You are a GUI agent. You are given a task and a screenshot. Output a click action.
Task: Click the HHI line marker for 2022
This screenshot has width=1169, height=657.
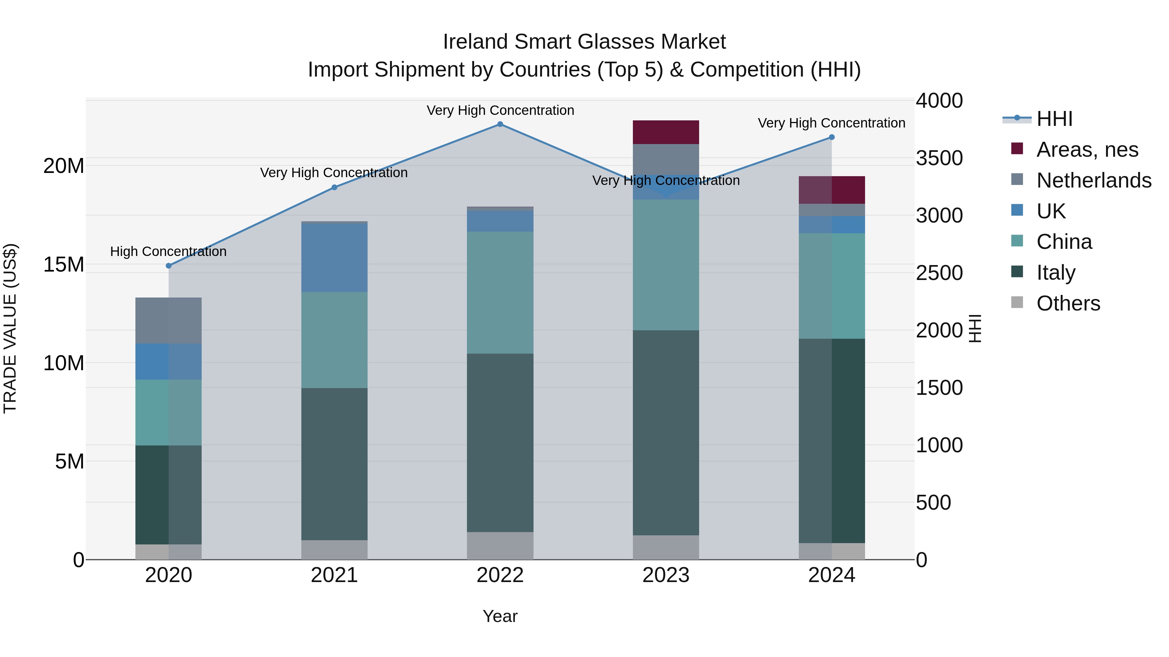click(500, 124)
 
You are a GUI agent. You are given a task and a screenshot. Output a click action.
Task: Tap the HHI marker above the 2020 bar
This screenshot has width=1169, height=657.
click(168, 266)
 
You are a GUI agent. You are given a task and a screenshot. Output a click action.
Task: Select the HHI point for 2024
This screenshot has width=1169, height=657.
click(831, 137)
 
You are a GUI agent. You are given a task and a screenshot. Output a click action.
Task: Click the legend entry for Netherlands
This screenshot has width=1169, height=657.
click(1094, 180)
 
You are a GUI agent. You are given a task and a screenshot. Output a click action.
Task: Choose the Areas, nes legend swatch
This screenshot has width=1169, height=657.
click(1017, 149)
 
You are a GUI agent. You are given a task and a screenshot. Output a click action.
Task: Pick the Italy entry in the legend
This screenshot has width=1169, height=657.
click(1056, 273)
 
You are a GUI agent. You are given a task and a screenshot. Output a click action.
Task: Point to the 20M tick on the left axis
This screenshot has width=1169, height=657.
click(64, 166)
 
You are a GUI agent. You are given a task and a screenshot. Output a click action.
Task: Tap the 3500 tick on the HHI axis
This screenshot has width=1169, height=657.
click(939, 158)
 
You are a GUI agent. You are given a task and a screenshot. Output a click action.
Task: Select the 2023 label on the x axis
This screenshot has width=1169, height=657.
click(666, 575)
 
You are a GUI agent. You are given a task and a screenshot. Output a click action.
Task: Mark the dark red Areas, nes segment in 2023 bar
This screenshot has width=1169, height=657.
click(666, 132)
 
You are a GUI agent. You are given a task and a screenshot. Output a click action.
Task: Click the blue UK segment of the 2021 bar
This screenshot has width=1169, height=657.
click(334, 258)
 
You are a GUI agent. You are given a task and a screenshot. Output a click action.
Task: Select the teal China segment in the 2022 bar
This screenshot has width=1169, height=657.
click(500, 292)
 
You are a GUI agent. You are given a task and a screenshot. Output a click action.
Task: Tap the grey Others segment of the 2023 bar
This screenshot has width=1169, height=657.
click(666, 547)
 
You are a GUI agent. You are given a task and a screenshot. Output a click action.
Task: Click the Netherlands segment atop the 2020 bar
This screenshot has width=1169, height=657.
click(168, 320)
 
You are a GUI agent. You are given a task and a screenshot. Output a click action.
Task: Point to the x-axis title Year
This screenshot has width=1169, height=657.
click(500, 616)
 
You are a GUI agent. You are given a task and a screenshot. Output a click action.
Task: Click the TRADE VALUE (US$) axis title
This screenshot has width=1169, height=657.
click(10, 328)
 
